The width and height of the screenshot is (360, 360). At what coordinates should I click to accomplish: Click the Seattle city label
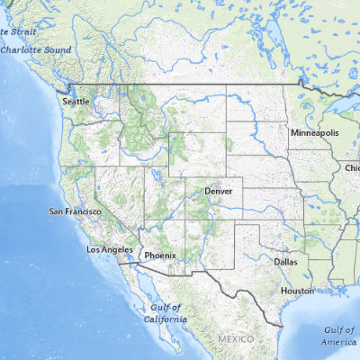[76, 102]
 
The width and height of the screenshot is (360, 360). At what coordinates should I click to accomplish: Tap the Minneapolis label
[314, 132]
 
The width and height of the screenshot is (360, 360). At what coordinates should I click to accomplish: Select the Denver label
[219, 192]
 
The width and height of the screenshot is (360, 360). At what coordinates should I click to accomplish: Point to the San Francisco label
[75, 211]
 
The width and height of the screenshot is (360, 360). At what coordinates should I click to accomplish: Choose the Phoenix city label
[160, 254]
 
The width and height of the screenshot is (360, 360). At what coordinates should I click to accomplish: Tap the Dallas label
[286, 261]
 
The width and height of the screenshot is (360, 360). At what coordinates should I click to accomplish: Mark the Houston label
[297, 291]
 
